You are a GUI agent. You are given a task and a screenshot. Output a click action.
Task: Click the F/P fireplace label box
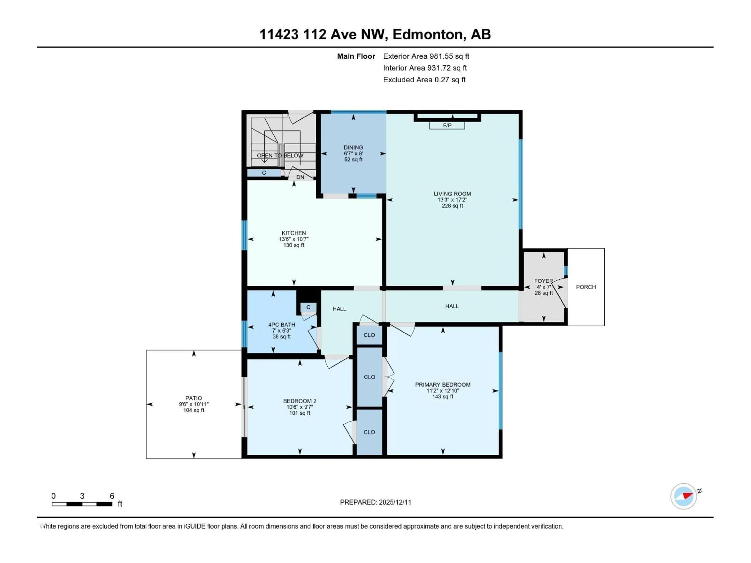click(x=447, y=126)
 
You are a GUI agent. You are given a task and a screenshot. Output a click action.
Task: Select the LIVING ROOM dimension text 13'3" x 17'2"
click(x=452, y=200)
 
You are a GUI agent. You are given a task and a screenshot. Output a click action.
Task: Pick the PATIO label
click(x=194, y=398)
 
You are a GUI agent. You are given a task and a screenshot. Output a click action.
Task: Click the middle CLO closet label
click(x=369, y=377)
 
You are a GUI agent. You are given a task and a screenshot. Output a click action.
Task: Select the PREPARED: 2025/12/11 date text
click(x=375, y=502)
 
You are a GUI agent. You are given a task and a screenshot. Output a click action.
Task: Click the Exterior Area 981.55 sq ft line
click(x=426, y=56)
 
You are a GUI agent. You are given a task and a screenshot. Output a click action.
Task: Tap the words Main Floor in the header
click(x=356, y=56)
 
